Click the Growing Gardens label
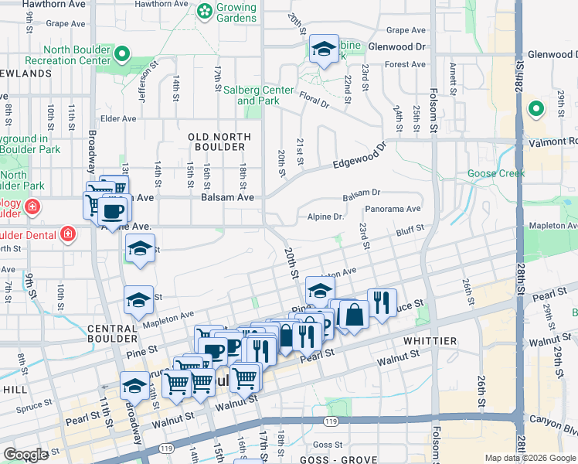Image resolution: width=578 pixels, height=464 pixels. tap(236, 12)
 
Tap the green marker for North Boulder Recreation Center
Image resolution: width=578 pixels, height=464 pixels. tap(122, 54)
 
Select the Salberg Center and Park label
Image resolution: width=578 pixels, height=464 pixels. tap(258, 95)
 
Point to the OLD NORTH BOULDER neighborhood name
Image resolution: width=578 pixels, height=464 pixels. tap(219, 142)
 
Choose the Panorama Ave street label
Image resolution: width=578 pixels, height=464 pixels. tap(393, 209)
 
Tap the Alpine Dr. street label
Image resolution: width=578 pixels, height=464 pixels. tap(325, 217)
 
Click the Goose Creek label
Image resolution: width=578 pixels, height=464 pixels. tap(496, 174)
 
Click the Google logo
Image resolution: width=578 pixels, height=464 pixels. tap(25, 454)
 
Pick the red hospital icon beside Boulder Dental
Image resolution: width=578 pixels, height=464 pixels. tap(68, 234)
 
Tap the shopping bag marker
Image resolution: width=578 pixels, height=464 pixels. tap(354, 314)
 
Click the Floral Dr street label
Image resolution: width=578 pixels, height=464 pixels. tap(314, 101)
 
